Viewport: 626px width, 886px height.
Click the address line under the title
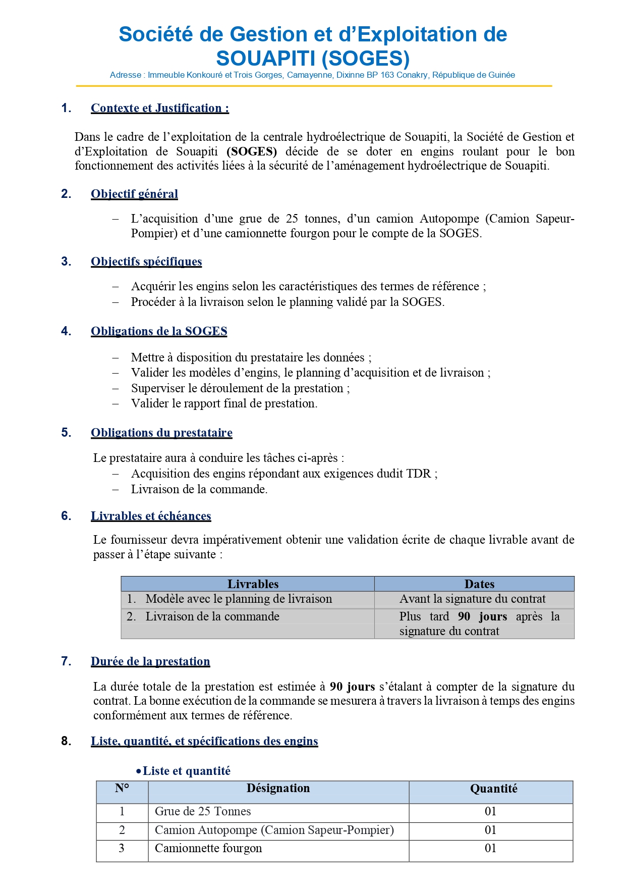[x=312, y=75]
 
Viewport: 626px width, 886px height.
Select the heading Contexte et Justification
[x=160, y=108]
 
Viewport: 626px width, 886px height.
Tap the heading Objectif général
[x=134, y=194]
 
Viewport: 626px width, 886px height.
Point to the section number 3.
[x=66, y=262]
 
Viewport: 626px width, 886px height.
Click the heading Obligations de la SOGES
[x=159, y=331]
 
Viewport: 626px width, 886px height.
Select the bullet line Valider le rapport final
[x=224, y=403]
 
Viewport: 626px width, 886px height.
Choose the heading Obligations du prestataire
[x=161, y=433]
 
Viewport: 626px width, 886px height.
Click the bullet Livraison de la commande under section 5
[x=199, y=489]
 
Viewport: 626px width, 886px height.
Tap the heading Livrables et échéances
[x=151, y=516]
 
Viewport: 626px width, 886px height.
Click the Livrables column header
[x=253, y=584]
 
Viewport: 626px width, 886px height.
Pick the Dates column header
[x=479, y=584]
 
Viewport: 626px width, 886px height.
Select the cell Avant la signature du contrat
[x=472, y=599]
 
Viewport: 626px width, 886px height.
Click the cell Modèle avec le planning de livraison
[x=239, y=599]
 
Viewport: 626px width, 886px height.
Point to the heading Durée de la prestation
[x=150, y=661]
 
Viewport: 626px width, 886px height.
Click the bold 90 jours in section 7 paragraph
[x=352, y=687]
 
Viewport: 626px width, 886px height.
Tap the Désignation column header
[x=278, y=789]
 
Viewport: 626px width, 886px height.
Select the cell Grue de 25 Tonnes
[x=203, y=811]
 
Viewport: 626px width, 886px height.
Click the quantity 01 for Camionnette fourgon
[x=490, y=848]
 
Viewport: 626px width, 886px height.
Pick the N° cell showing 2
[x=122, y=830]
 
